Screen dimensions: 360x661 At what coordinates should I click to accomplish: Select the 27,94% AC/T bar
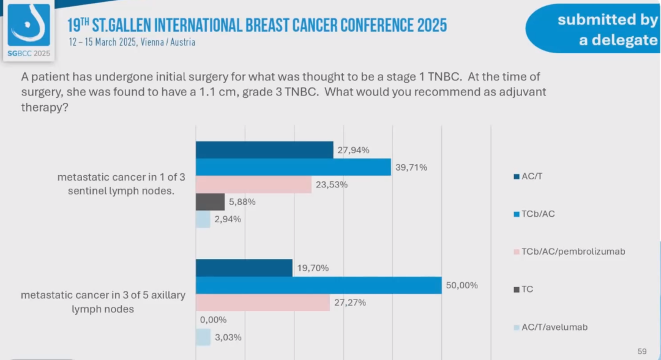(x=264, y=149)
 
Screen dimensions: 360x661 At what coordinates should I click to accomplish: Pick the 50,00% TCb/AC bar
(x=318, y=285)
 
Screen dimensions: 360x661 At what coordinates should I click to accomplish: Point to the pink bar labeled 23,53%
(x=253, y=184)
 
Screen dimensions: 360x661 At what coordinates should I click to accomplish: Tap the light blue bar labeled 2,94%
(x=203, y=219)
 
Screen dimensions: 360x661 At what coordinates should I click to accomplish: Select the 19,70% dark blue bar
(x=244, y=268)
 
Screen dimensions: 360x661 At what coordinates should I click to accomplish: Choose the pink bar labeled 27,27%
(x=263, y=302)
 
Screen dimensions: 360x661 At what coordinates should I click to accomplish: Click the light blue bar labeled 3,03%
(x=203, y=337)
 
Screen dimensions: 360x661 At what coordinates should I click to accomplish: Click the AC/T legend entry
(x=531, y=176)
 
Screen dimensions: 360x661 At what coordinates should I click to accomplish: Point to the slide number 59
(x=642, y=351)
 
